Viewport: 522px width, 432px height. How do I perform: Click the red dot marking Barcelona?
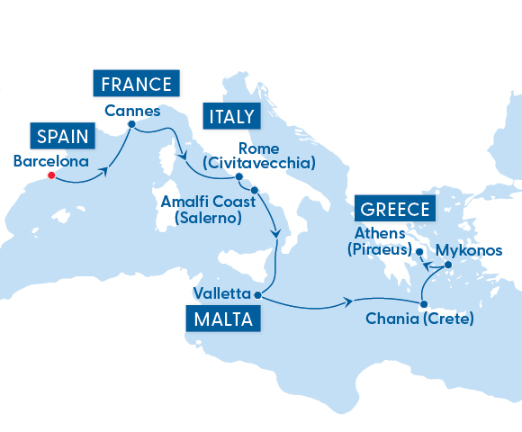(x=51, y=175)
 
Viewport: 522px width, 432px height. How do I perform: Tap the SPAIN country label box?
(x=63, y=137)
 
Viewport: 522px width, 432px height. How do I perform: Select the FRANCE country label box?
(x=136, y=85)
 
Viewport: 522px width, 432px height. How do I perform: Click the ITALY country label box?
(x=232, y=116)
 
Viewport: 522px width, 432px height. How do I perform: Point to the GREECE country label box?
(x=394, y=210)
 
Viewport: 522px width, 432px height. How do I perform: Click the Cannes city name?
(x=131, y=112)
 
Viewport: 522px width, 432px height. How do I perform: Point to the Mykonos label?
(x=468, y=250)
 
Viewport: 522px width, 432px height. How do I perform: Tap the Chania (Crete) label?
(x=419, y=319)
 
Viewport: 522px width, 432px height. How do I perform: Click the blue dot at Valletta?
(x=257, y=294)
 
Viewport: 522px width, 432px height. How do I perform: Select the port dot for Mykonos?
(x=447, y=265)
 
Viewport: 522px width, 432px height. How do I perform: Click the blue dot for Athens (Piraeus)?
(x=419, y=251)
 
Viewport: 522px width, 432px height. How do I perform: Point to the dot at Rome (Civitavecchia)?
(x=238, y=176)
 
